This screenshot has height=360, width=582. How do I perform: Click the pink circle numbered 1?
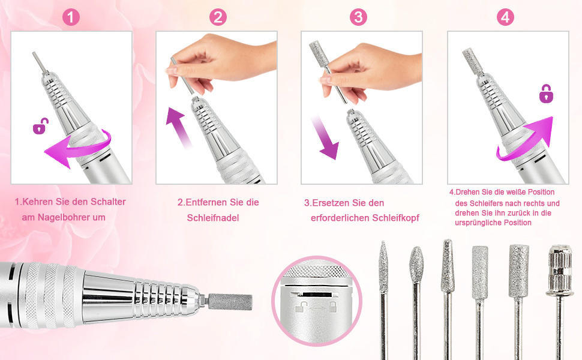71,17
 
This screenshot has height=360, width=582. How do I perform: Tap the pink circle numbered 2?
218,17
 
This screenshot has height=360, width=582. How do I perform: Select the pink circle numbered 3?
358,17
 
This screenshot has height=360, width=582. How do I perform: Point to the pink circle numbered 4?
505,17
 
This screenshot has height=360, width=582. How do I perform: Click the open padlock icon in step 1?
40,126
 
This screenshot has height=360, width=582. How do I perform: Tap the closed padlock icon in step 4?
546,94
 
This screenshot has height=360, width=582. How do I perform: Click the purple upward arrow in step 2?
178,127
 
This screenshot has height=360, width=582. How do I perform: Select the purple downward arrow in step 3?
324,137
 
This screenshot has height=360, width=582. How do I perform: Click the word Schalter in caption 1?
107,202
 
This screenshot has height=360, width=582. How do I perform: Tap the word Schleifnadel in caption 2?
212,218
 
